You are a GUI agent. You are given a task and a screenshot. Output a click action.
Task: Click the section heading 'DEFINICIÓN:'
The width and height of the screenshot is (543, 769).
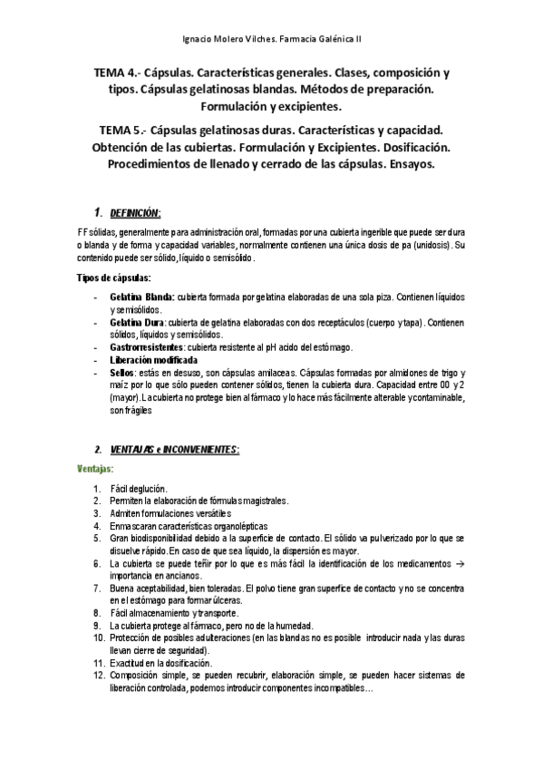tap(135, 213)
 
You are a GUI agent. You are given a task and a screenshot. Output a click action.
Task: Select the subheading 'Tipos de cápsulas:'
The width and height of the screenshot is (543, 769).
tap(114, 277)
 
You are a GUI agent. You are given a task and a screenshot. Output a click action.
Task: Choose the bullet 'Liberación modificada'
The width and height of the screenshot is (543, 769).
tap(153, 360)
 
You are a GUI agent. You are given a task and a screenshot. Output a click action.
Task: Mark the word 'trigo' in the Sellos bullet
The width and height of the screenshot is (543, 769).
tap(446, 373)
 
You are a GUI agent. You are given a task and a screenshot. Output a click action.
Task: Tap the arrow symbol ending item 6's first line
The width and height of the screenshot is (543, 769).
tap(461, 563)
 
